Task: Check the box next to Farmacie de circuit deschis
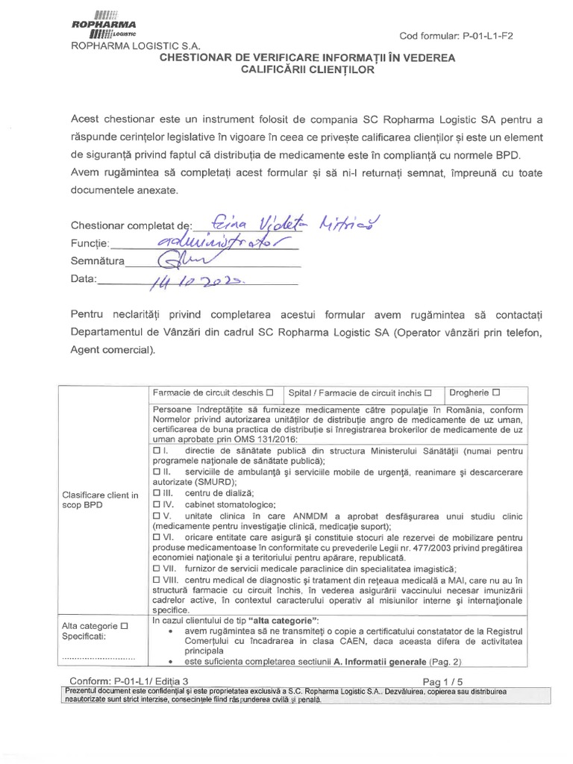tap(269, 392)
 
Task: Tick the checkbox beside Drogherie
tap(496, 392)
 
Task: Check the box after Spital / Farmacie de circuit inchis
tap(428, 392)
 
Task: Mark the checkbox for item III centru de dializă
tap(156, 492)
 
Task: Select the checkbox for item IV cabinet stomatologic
tap(156, 504)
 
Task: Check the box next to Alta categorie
tap(124, 625)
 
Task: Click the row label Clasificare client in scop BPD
tap(101, 500)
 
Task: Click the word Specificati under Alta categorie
tap(84, 636)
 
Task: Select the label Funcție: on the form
tap(90, 244)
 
